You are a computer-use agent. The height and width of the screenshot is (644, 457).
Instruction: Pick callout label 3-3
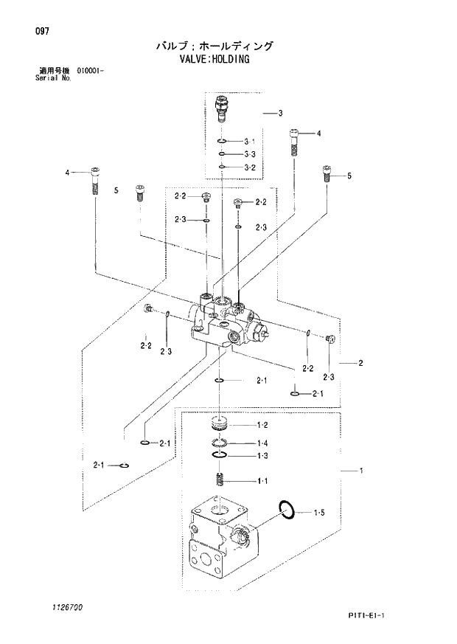coord(249,154)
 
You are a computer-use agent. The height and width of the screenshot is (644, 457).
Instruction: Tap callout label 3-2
coord(249,167)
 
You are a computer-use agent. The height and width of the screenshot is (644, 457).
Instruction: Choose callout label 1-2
coord(262,426)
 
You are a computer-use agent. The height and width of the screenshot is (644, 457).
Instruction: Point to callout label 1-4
coord(262,443)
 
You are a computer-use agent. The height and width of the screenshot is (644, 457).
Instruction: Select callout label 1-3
coord(262,456)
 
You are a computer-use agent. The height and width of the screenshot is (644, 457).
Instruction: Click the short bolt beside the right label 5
coord(327,175)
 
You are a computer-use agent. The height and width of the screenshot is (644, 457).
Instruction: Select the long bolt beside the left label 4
coord(94,179)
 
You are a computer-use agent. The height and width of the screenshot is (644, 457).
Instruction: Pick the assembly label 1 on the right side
coord(361,470)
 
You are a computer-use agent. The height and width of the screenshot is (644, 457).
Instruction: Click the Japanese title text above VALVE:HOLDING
coord(214,46)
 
